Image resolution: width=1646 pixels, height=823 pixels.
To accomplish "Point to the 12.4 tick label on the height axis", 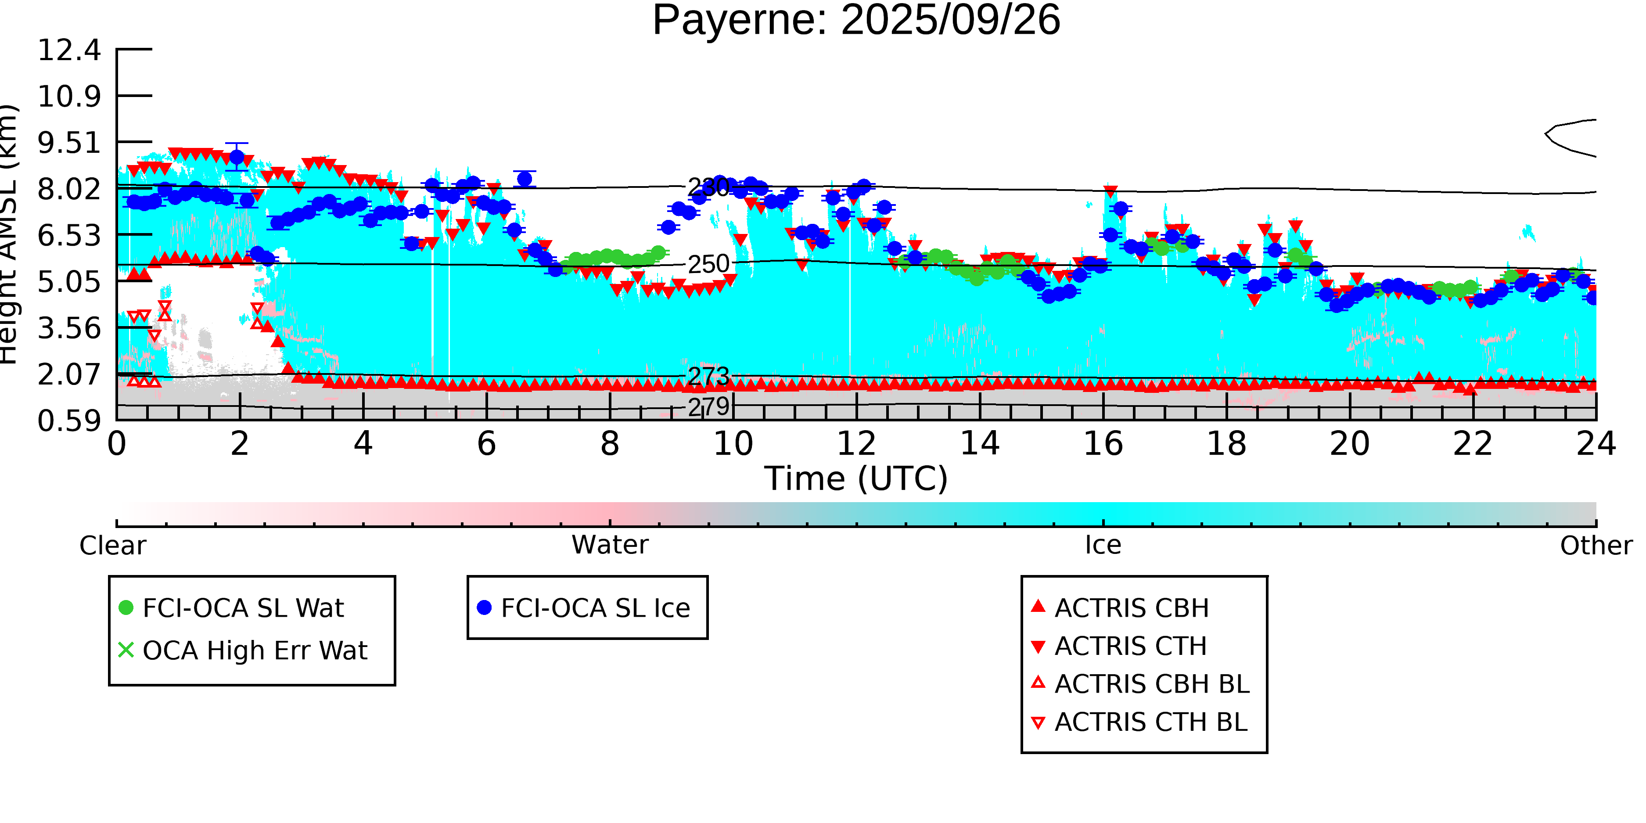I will [69, 50].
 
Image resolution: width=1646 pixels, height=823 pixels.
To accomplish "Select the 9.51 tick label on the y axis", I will [69, 143].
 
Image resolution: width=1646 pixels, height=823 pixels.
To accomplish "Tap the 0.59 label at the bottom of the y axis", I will [69, 421].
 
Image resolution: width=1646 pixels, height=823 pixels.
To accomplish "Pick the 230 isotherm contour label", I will [708, 187].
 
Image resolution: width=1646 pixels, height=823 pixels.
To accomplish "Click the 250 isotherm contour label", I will [708, 264].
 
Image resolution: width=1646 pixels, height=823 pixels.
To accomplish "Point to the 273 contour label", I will [708, 376].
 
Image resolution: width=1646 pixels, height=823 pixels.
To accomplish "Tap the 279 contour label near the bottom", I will [708, 406].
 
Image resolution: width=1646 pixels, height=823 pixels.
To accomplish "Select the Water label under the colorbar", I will [610, 545].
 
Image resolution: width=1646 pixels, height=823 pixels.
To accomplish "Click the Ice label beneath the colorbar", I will [1103, 545].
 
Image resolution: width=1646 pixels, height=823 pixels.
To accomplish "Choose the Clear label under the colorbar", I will [112, 546].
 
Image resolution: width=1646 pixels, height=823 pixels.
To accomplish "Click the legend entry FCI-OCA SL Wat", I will [243, 607].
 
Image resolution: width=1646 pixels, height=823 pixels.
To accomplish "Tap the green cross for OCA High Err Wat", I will [126, 650].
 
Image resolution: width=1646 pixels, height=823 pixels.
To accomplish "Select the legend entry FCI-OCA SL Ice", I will [595, 607].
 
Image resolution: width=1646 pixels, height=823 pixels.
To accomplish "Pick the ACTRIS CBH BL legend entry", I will [1151, 684].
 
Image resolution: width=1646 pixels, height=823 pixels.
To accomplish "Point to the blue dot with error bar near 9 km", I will [237, 157].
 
